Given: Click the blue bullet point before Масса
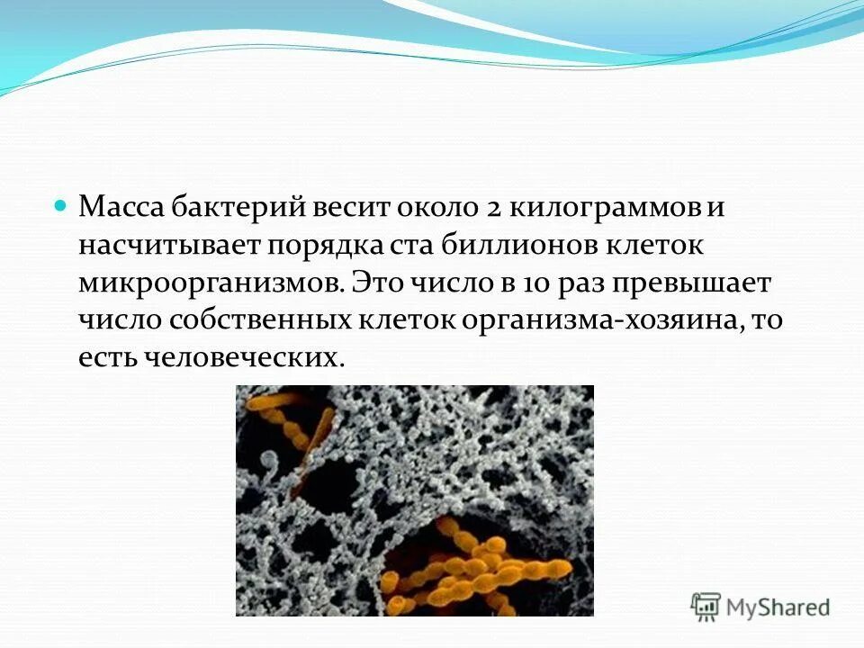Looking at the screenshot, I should [x=61, y=205].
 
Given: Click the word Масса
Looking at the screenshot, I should [x=120, y=208].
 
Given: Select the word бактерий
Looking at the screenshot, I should [x=237, y=208].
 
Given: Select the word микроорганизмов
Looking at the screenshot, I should [x=211, y=283].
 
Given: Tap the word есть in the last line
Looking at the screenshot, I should [x=103, y=357].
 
